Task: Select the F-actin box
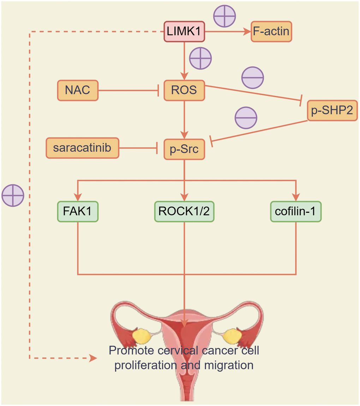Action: [272, 32]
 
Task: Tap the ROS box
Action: [184, 90]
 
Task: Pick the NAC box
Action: [78, 90]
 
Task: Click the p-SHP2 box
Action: [332, 111]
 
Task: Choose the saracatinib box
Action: [82, 148]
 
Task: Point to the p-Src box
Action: [184, 149]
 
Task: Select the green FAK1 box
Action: [78, 211]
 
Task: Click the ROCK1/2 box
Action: [184, 211]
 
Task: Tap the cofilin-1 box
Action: [296, 211]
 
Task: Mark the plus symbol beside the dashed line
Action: [13, 195]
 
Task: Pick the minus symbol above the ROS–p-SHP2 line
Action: [252, 77]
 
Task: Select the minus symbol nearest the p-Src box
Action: [246, 117]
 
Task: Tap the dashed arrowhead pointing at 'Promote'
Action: [93, 358]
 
